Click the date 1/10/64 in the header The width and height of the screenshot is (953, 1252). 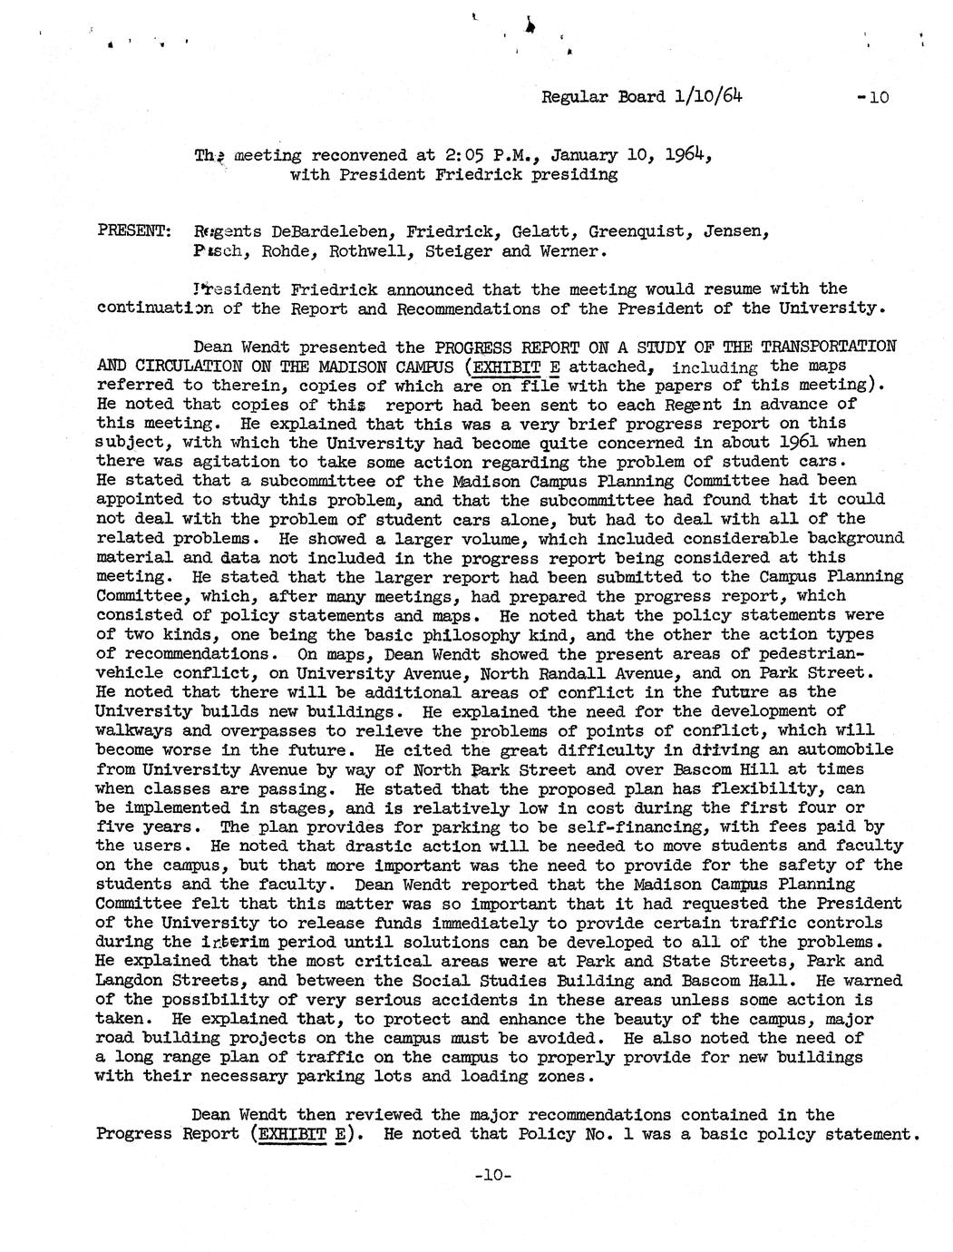[712, 95]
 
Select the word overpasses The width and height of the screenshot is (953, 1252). [231, 731]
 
